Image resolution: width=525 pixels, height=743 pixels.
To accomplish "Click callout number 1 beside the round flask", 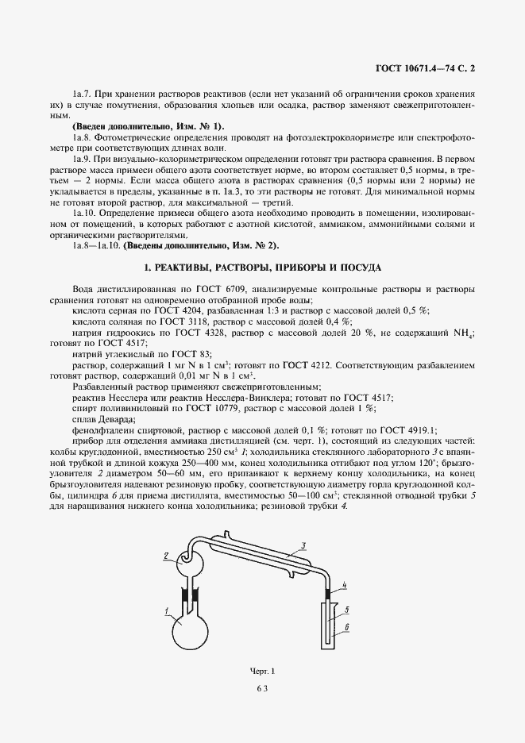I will click(168, 610).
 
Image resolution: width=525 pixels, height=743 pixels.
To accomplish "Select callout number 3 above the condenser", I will click(303, 546).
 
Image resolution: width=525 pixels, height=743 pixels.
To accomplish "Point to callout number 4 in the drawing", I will click(344, 586).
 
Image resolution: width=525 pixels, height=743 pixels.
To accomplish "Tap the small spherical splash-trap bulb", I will click(190, 565).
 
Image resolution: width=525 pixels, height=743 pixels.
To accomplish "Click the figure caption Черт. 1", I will click(261, 672).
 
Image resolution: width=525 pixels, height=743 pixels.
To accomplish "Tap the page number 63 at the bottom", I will click(262, 689).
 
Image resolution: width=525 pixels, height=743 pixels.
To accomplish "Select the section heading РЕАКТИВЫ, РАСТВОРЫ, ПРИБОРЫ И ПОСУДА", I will click(262, 268).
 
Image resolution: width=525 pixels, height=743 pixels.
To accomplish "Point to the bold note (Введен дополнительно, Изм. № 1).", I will click(149, 127).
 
